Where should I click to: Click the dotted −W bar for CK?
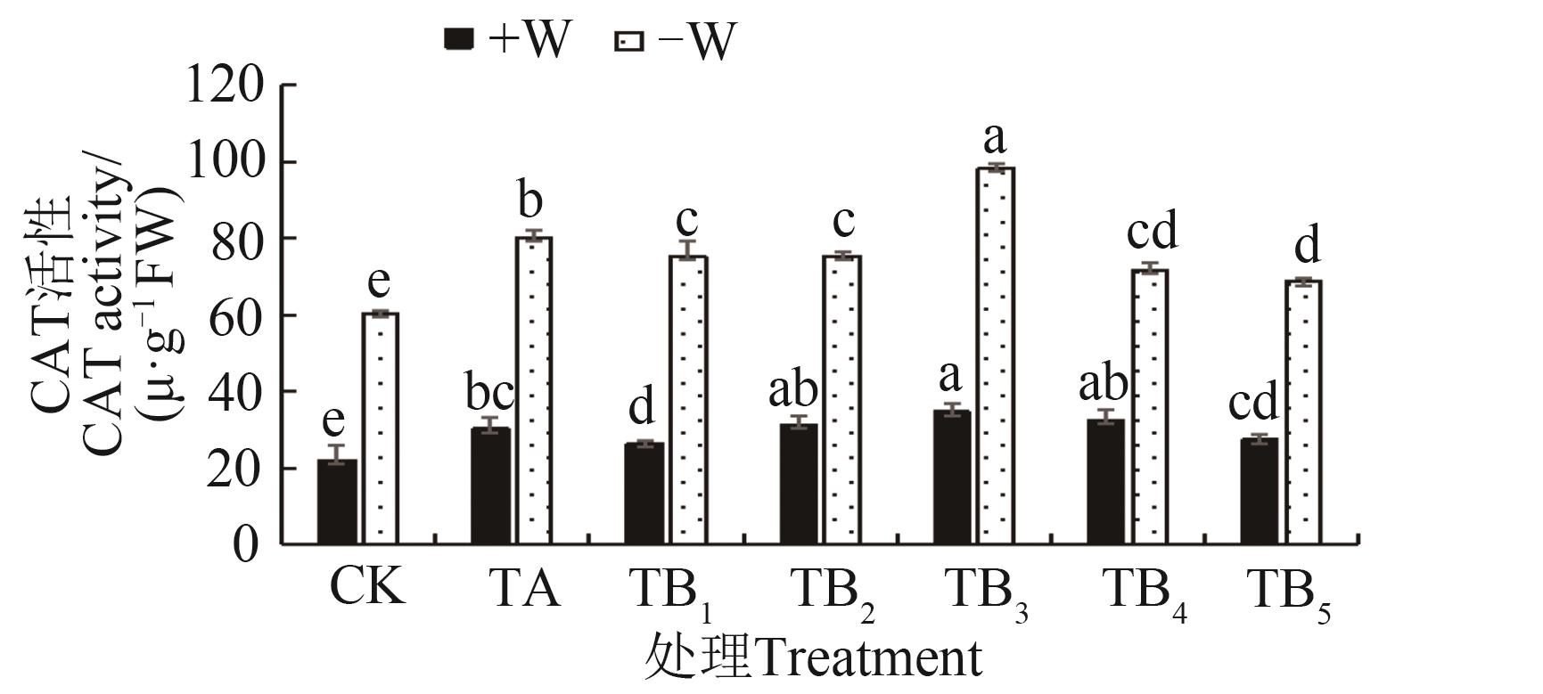point(380,429)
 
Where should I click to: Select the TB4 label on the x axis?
point(1144,591)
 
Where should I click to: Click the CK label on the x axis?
point(366,588)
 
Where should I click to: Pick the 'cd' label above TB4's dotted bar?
point(1152,230)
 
